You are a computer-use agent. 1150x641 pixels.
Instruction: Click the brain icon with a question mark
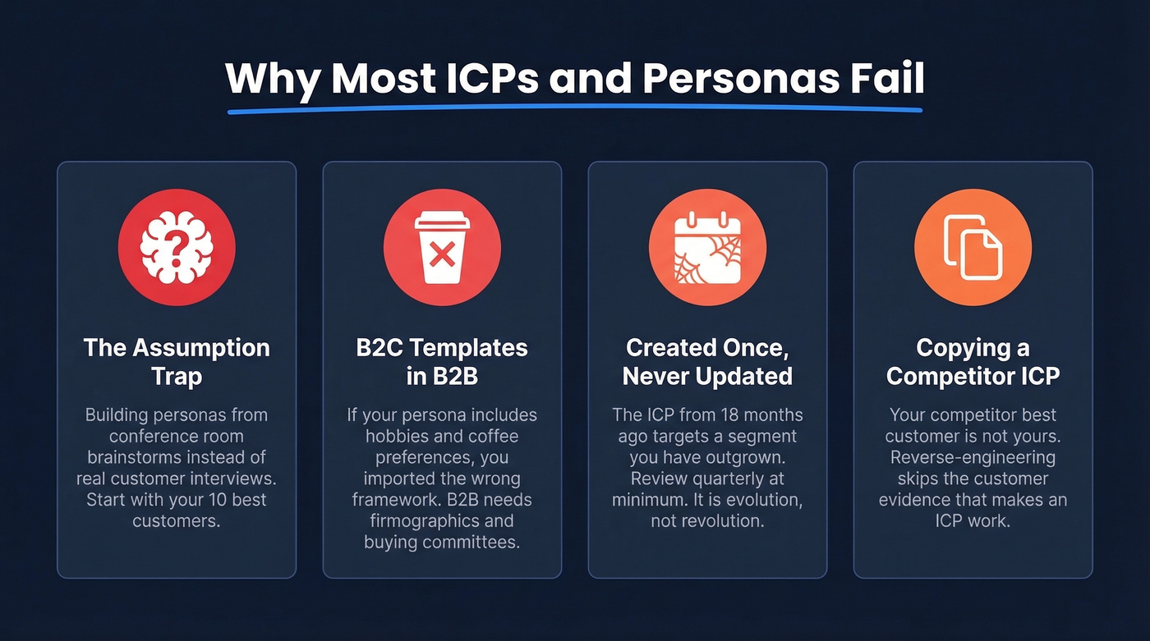[x=177, y=247]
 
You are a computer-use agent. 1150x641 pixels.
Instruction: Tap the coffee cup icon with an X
[x=442, y=247]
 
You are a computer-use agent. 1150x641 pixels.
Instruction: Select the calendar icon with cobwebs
[x=707, y=247]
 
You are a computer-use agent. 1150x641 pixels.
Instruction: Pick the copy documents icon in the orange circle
[x=973, y=247]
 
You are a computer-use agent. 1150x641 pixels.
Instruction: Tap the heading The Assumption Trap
[x=177, y=361]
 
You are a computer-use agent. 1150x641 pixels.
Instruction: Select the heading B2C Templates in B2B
[x=442, y=361]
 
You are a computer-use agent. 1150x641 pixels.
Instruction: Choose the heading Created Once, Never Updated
[x=707, y=361]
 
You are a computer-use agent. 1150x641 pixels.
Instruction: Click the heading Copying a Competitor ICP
[x=973, y=361]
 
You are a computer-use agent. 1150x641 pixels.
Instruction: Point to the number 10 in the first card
[x=191, y=499]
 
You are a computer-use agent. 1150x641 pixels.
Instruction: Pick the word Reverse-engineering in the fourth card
[x=973, y=457]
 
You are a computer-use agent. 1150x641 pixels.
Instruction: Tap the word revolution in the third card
[x=720, y=520]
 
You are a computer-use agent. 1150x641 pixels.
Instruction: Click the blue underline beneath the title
[x=575, y=108]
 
